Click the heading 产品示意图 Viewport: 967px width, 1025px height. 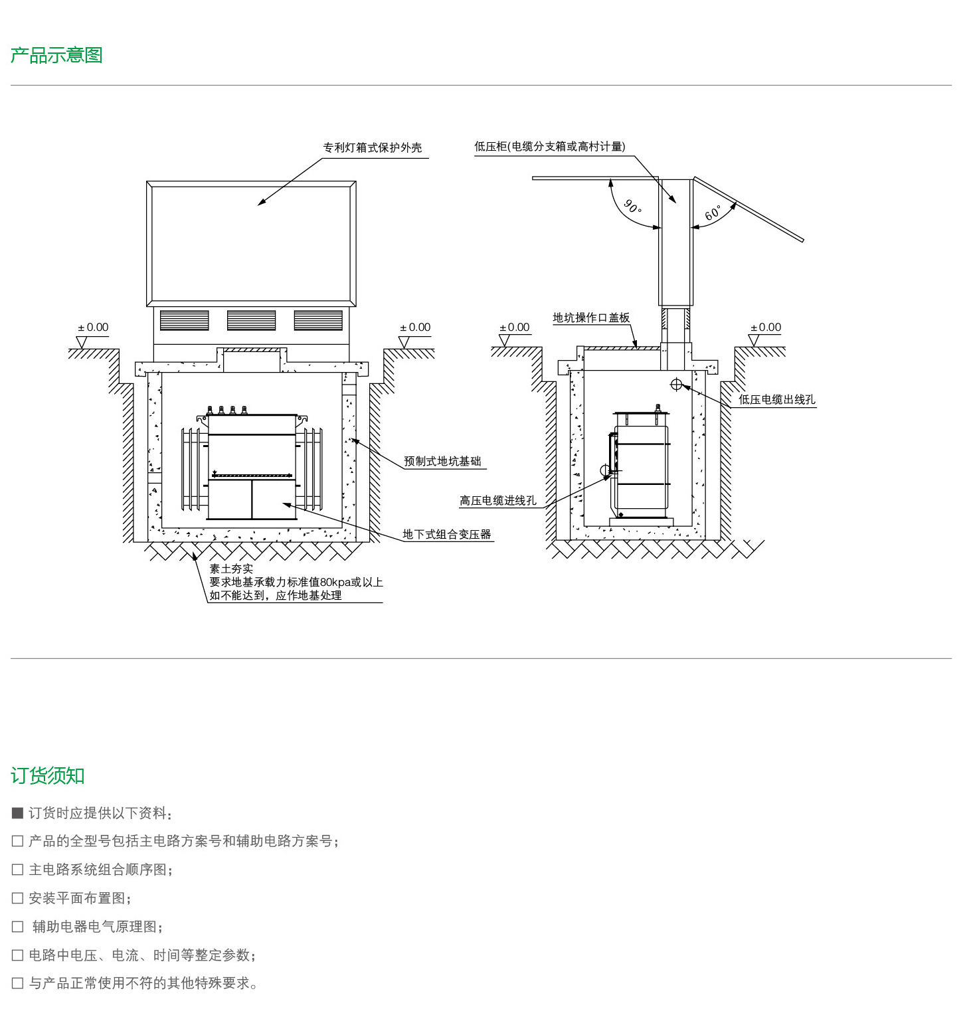point(56,55)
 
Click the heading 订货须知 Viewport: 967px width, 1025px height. point(48,775)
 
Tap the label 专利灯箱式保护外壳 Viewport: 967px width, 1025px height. point(373,147)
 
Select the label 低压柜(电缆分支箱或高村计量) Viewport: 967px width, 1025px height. point(549,146)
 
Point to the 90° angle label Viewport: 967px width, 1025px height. point(632,207)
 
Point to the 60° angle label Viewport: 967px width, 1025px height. point(713,213)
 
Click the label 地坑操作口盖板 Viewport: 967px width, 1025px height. point(591,318)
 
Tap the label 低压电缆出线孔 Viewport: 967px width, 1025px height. point(776,399)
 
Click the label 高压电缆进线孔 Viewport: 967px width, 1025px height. point(497,500)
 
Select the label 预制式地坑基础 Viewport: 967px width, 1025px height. point(442,461)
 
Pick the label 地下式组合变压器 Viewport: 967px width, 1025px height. point(446,534)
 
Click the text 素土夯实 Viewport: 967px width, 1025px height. point(231,569)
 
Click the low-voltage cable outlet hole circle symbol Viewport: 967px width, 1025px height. point(676,384)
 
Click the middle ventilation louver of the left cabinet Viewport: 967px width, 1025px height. point(251,320)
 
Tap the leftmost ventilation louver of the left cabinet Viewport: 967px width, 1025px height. point(185,320)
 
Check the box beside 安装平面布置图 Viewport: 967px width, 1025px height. point(18,898)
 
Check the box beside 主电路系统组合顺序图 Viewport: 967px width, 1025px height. point(18,870)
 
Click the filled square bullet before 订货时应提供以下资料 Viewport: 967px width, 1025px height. point(18,813)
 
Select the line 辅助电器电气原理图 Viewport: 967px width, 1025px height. point(98,927)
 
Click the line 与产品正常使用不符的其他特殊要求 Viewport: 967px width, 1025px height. point(143,983)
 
